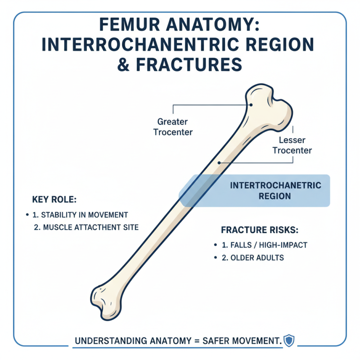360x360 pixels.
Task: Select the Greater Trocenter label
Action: click(x=173, y=127)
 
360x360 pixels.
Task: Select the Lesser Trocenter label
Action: click(x=292, y=145)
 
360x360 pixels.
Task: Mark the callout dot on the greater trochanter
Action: click(x=252, y=104)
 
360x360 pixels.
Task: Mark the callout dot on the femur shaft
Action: click(x=218, y=162)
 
